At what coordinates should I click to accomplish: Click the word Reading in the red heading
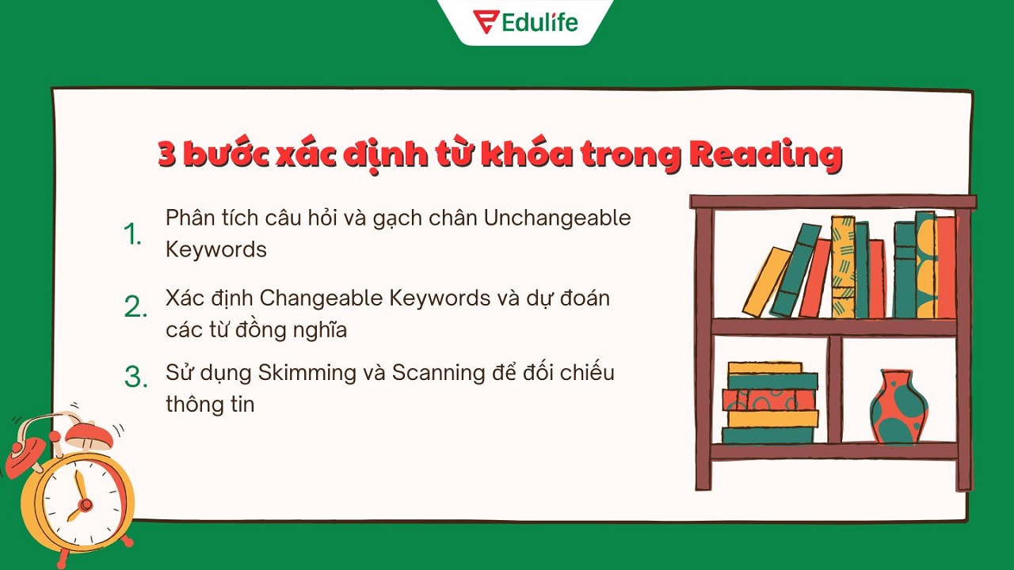coord(764,154)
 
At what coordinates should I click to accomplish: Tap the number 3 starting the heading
coord(166,154)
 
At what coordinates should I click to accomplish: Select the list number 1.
coord(132,234)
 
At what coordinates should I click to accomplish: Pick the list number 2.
coord(135,307)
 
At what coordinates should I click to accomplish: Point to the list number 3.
coord(136,378)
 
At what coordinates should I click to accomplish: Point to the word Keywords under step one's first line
coord(215,249)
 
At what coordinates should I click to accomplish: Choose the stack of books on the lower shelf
coord(769,403)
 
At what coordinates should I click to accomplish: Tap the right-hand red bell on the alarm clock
coord(89,434)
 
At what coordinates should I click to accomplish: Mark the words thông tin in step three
coord(210,404)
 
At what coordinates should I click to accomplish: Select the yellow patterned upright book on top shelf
coord(843,267)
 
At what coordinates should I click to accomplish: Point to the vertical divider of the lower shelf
coord(833,389)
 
